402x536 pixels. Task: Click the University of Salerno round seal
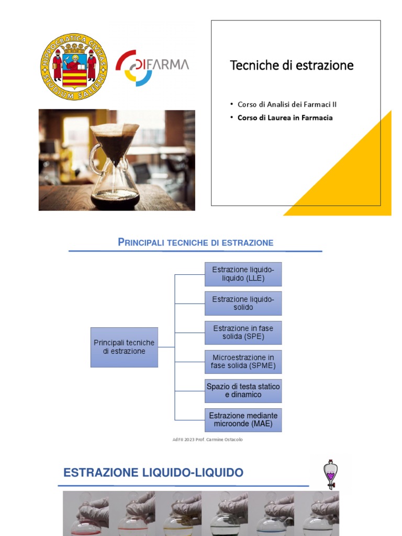pyautogui.click(x=74, y=66)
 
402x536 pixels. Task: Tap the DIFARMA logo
pyautogui.click(x=152, y=67)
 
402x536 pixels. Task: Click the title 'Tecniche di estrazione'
pyautogui.click(x=292, y=65)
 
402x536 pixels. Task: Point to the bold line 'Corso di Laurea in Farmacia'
pyautogui.click(x=285, y=118)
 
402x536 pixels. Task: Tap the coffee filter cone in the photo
pyautogui.click(x=115, y=139)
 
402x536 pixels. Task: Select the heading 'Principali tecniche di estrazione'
pyautogui.click(x=196, y=242)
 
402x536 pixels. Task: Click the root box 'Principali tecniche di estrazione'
pyautogui.click(x=124, y=347)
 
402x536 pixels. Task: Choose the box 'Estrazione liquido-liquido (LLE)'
pyautogui.click(x=243, y=274)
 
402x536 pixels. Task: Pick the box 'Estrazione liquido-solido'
pyautogui.click(x=243, y=303)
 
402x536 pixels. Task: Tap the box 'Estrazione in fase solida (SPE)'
pyautogui.click(x=243, y=332)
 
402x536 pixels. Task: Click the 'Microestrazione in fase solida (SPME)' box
pyautogui.click(x=243, y=362)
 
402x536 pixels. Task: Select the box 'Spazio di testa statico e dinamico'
pyautogui.click(x=243, y=390)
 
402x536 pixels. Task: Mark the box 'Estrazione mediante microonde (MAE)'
pyautogui.click(x=243, y=420)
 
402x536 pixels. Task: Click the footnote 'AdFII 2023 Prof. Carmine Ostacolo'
pyautogui.click(x=207, y=440)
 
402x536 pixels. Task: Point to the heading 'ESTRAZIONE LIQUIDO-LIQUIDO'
pyautogui.click(x=153, y=473)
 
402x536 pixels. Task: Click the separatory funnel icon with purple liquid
pyautogui.click(x=330, y=474)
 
